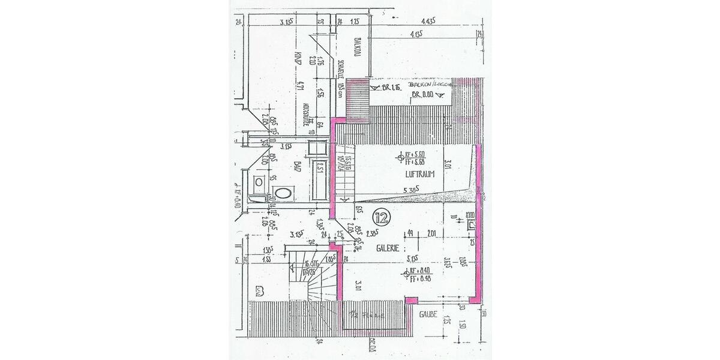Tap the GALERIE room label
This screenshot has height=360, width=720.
389,248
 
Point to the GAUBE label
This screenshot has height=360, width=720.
428,314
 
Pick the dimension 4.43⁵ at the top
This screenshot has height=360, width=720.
428,21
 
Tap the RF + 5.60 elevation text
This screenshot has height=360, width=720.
415,154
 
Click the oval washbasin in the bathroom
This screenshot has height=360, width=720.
282,193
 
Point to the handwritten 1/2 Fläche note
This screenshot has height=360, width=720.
367,313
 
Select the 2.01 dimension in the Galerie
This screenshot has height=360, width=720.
431,234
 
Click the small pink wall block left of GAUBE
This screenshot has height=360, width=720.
411,299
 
